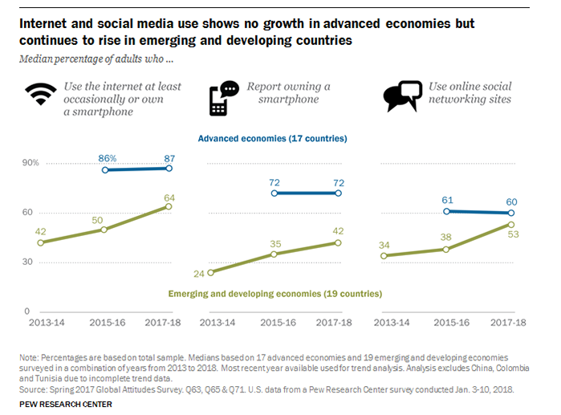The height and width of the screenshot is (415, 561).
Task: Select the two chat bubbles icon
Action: (x=402, y=96)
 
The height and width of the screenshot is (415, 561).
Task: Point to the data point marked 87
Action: (x=169, y=168)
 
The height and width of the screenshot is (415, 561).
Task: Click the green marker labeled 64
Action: (x=169, y=206)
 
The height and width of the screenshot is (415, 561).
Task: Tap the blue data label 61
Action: (x=447, y=200)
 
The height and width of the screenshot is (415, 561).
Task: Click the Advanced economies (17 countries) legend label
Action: (x=272, y=139)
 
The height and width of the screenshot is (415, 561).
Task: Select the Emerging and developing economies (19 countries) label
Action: (x=274, y=294)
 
